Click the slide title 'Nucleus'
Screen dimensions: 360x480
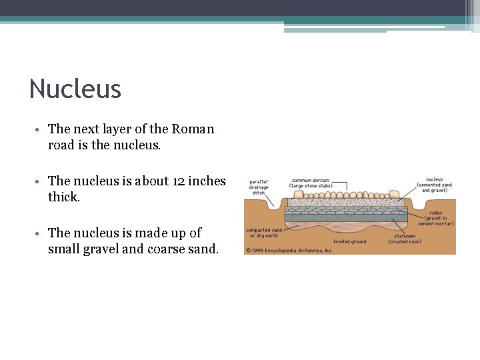75,89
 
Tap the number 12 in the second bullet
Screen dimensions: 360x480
179,181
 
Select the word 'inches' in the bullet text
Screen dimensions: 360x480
207,181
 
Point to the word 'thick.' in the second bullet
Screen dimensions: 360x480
64,197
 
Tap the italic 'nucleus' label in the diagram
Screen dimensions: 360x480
435,179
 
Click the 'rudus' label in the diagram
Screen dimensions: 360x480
437,212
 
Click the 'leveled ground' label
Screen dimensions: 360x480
350,241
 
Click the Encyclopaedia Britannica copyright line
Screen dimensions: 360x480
289,251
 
